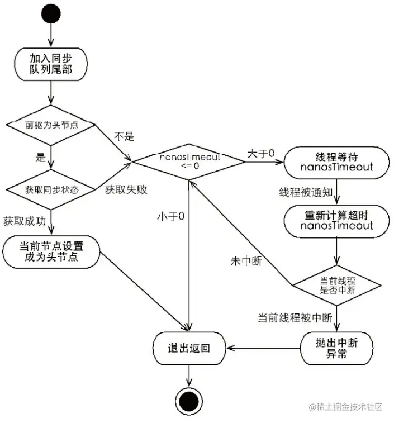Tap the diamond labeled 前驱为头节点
[x=51, y=125]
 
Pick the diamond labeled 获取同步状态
[x=51, y=189]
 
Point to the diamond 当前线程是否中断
[x=336, y=285]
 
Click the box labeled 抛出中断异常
[x=336, y=348]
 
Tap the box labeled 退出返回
[x=189, y=348]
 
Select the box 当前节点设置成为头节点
[x=51, y=253]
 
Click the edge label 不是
[x=124, y=136]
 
